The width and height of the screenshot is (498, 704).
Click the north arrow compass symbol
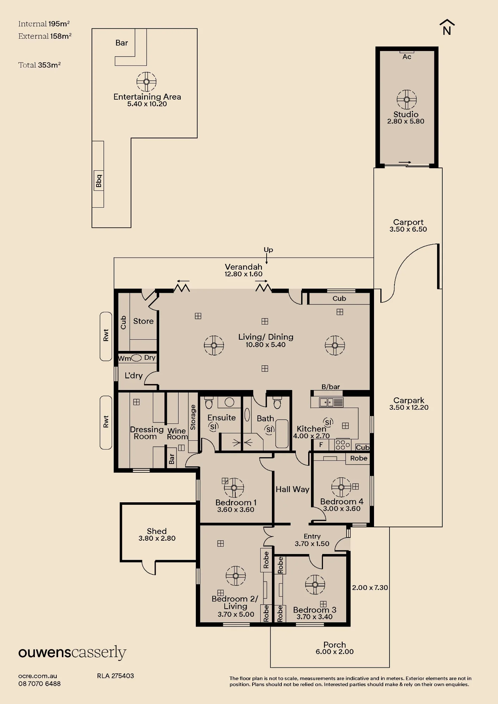447,27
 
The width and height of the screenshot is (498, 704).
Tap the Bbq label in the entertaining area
99,181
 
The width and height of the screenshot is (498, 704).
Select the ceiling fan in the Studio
406,99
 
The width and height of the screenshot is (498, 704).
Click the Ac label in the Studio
407,57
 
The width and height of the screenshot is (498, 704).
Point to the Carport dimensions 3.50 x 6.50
408,229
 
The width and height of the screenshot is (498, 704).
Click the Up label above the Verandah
268,250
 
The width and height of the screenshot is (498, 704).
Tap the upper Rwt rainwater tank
106,336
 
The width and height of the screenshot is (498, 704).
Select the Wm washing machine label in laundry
124,358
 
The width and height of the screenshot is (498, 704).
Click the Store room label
143,321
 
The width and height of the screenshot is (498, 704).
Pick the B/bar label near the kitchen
331,387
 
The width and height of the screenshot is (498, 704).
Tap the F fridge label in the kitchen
321,445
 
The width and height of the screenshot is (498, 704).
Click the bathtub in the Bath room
282,433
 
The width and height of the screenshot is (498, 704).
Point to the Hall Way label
292,489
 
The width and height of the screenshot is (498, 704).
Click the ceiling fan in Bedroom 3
315,585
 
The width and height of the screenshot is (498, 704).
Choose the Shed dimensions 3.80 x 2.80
157,538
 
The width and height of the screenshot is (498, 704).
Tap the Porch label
335,645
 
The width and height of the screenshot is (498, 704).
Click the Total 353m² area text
39,65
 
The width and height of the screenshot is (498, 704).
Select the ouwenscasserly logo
72,653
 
